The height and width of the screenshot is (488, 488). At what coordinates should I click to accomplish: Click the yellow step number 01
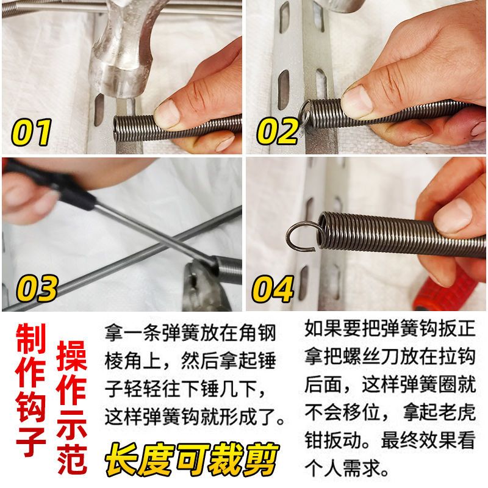pyautogui.click(x=32, y=132)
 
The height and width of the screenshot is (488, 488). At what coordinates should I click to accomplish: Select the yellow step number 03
pyautogui.click(x=37, y=288)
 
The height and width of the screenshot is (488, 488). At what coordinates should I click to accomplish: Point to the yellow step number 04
pyautogui.click(x=273, y=289)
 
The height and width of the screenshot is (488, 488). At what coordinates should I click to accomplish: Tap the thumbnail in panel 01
pyautogui.click(x=167, y=114)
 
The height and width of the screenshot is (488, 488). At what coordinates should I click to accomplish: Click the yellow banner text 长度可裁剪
pyautogui.click(x=192, y=460)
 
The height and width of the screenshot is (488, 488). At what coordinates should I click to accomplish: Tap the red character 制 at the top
pyautogui.click(x=31, y=339)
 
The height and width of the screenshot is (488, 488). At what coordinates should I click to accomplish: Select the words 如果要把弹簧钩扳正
pyautogui.click(x=390, y=328)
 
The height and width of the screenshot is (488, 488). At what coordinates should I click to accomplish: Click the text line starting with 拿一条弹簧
pyautogui.click(x=190, y=333)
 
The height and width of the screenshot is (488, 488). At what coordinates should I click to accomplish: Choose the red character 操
pyautogui.click(x=72, y=356)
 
